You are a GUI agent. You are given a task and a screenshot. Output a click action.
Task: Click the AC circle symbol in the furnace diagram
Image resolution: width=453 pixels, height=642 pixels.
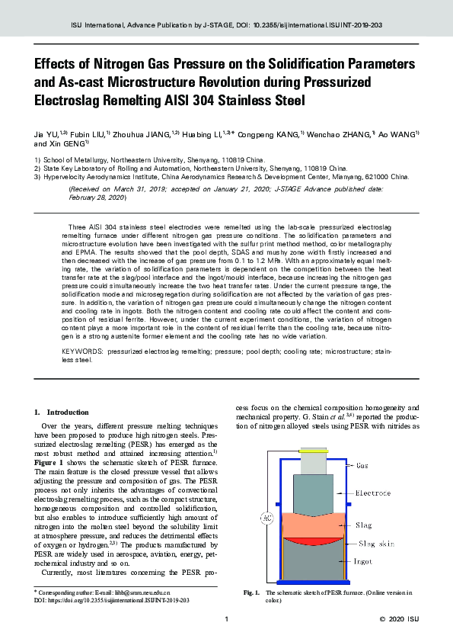click(x=267, y=519)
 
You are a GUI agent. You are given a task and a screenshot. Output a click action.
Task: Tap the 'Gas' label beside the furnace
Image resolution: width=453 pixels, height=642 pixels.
click(x=362, y=464)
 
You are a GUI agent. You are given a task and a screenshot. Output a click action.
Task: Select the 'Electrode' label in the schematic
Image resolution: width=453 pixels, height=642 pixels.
click(x=373, y=493)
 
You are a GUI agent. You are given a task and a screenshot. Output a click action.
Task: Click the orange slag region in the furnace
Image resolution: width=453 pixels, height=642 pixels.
click(x=313, y=525)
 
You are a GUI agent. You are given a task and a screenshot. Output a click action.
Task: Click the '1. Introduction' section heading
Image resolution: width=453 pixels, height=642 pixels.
click(x=68, y=412)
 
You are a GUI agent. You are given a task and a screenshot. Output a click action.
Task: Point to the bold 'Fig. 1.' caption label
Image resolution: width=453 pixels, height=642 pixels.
click(x=252, y=592)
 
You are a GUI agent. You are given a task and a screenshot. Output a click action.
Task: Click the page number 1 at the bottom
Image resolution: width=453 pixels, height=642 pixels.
click(x=226, y=619)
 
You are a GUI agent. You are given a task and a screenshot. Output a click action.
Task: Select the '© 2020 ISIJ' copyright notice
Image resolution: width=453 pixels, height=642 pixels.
click(x=399, y=619)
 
